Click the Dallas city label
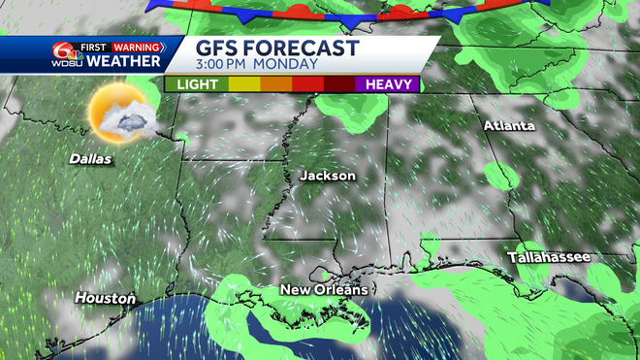tap(90, 158)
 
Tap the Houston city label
tap(105, 298)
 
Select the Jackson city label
tap(328, 176)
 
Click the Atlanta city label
tap(509, 126)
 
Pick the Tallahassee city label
tap(548, 257)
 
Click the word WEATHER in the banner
tap(124, 62)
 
